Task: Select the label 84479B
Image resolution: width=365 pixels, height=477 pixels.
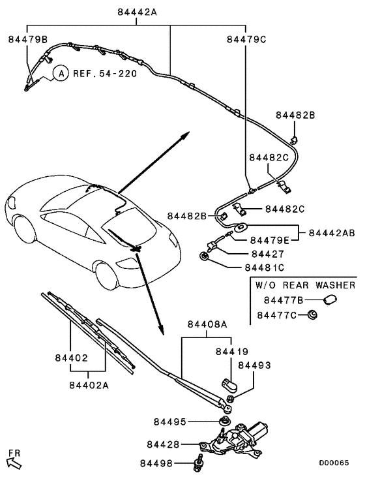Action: (28, 39)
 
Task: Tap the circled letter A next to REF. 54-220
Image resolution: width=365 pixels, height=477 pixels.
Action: (60, 74)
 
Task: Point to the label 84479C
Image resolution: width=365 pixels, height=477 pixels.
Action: (246, 39)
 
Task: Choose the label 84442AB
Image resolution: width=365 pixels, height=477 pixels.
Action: (332, 232)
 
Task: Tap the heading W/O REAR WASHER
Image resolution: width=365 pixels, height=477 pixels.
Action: (305, 285)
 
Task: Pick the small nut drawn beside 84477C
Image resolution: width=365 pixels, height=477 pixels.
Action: (312, 316)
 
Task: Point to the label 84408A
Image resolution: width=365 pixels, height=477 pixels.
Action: (207, 324)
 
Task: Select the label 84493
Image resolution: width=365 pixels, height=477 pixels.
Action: (254, 365)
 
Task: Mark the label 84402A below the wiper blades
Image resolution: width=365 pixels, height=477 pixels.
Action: (88, 384)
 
